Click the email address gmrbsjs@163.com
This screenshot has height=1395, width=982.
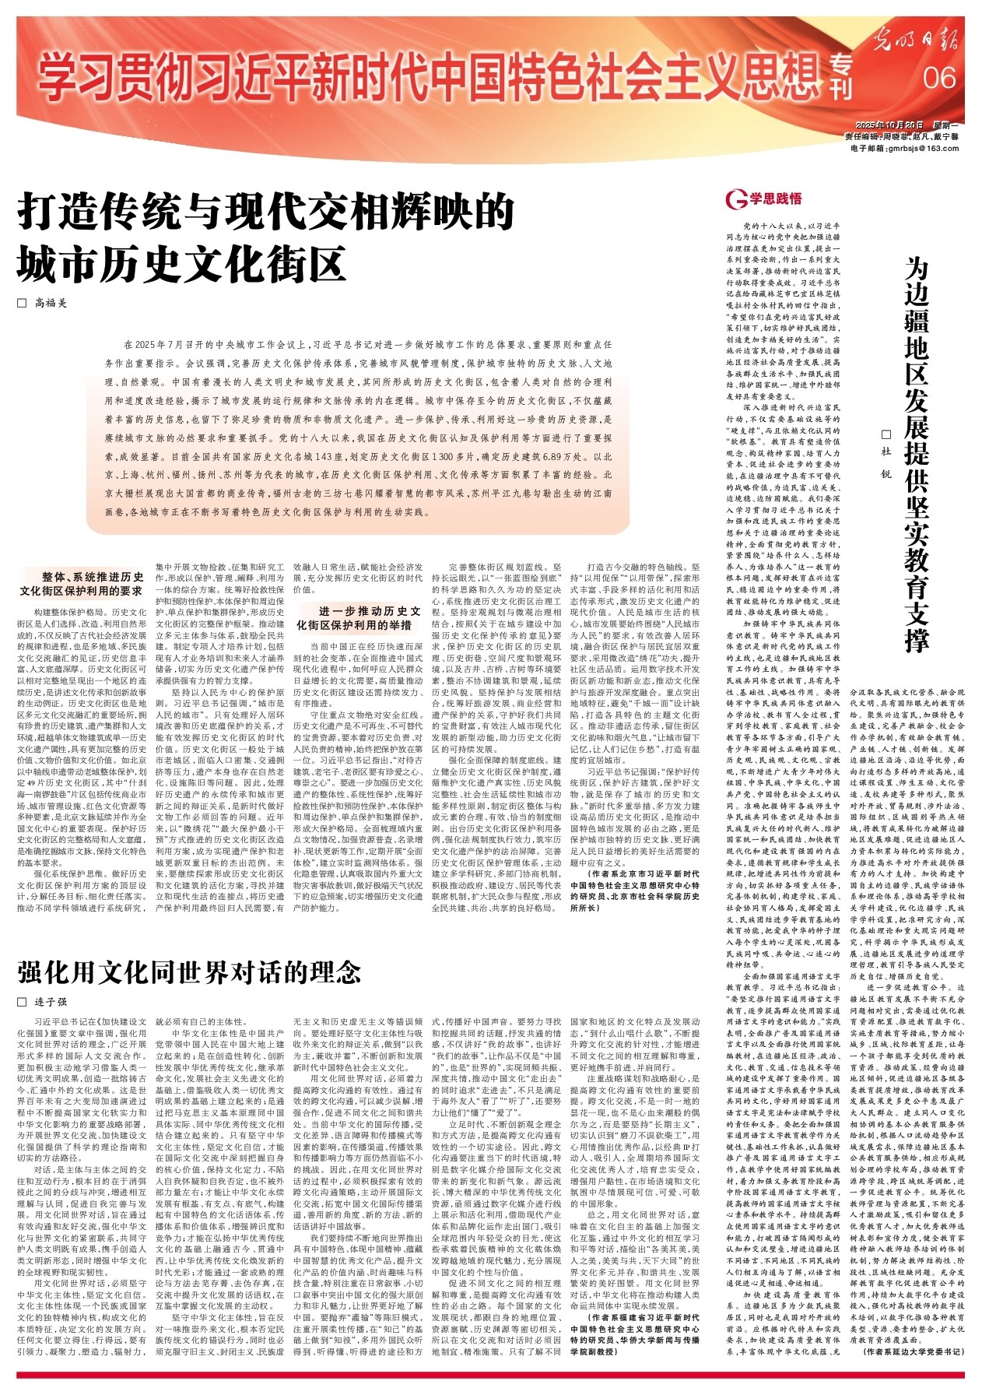tap(904, 148)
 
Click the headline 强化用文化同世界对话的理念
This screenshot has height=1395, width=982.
tap(190, 972)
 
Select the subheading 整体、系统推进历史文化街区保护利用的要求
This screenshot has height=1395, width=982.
tap(82, 585)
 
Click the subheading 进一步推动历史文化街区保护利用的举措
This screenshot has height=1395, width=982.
tap(359, 618)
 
